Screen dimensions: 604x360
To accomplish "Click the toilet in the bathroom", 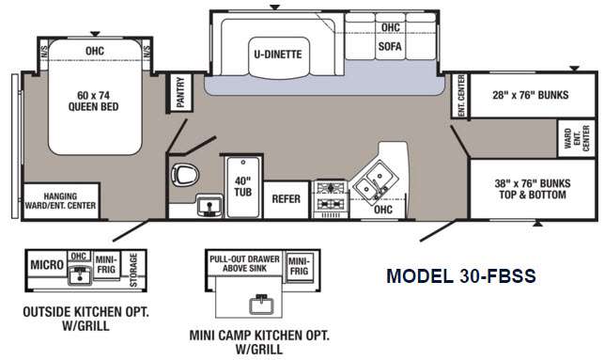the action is [x=185, y=175].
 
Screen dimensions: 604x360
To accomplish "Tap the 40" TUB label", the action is [x=243, y=186].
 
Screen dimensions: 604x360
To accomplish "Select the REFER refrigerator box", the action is [x=287, y=199].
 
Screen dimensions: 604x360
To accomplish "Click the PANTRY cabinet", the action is [x=180, y=92].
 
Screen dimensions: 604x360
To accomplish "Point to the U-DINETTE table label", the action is [x=278, y=55].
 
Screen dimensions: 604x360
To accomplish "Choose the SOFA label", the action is [x=390, y=47].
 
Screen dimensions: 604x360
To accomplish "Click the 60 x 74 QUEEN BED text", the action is [x=94, y=101].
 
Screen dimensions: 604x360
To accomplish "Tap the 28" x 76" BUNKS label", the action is [x=531, y=95].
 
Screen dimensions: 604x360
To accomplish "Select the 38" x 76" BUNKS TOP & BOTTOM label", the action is [x=533, y=189].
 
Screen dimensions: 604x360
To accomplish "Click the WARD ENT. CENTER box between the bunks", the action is [x=577, y=138].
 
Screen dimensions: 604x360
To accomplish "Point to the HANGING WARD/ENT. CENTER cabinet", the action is [x=60, y=201].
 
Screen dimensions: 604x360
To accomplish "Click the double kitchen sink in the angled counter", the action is [x=375, y=181].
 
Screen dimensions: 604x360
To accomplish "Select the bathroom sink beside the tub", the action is [x=209, y=206].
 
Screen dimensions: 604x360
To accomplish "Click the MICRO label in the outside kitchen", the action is [x=47, y=265].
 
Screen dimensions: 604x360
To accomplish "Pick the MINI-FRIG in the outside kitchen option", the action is [x=106, y=264].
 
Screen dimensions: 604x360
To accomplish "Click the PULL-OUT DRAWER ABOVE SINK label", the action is [x=244, y=263].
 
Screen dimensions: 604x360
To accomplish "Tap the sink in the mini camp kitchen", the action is [x=261, y=305].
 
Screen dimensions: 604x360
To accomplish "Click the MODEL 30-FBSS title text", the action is [x=461, y=276].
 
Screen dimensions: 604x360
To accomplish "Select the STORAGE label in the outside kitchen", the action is [x=133, y=270].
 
